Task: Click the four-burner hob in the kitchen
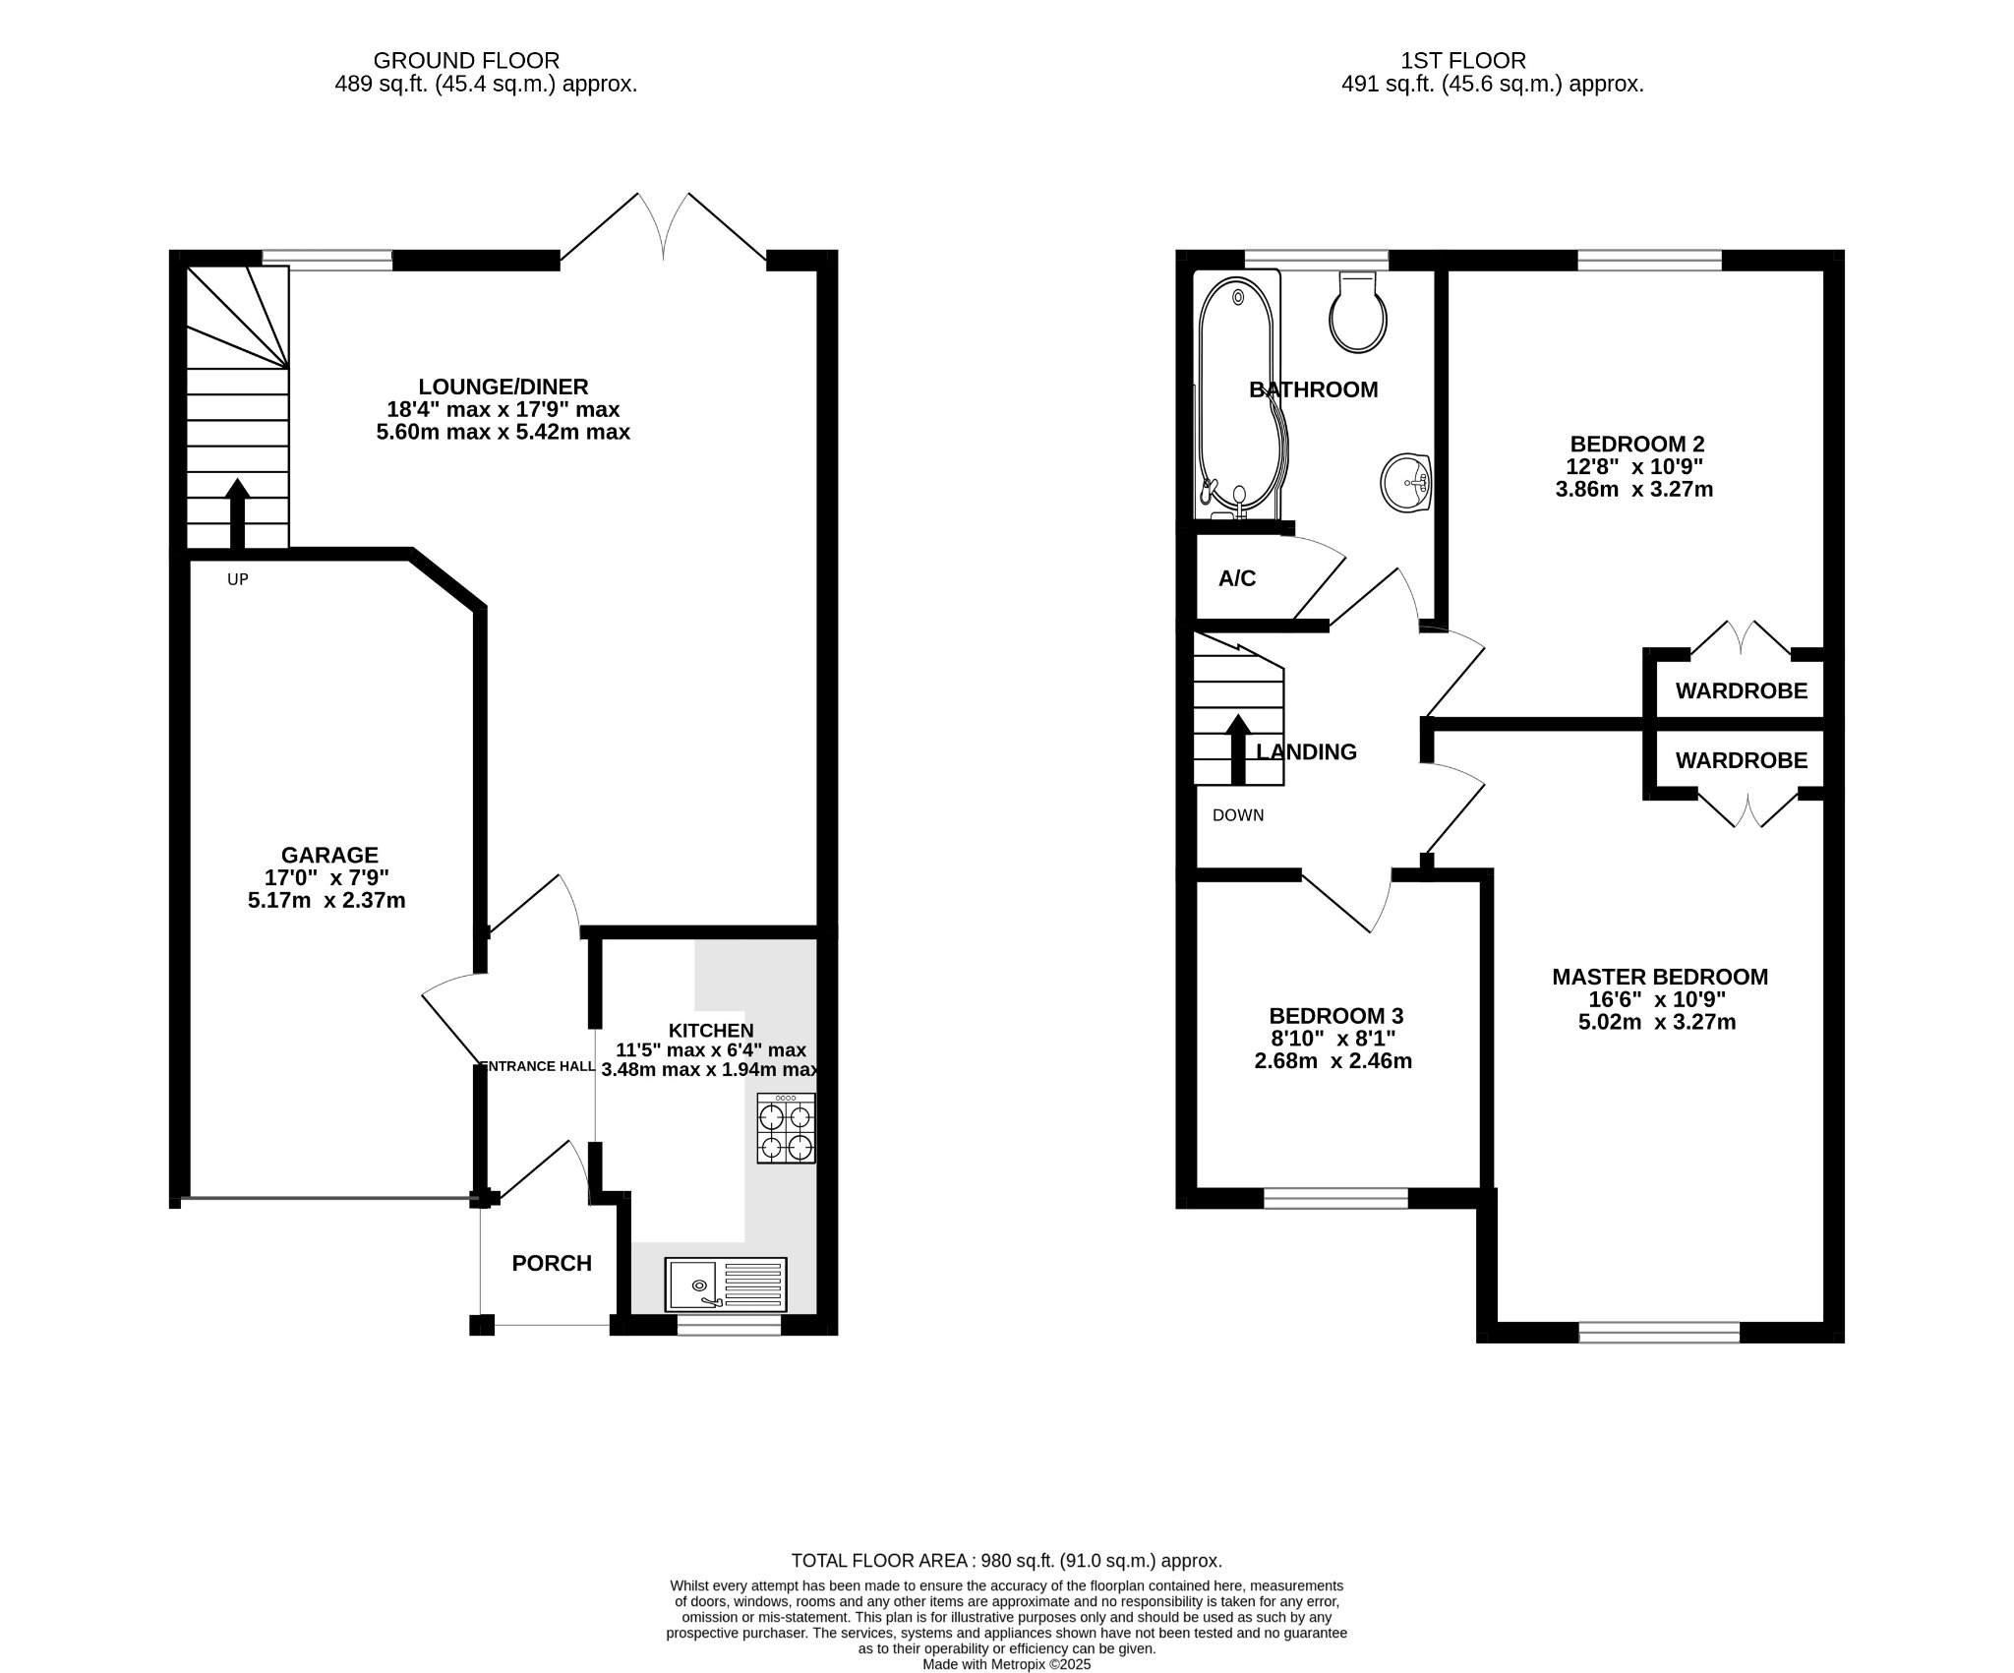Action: click(x=786, y=1129)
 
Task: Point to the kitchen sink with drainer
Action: click(x=726, y=1285)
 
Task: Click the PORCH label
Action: click(x=552, y=1263)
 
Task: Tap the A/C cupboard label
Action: click(x=1237, y=578)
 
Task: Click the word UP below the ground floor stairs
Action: click(x=238, y=580)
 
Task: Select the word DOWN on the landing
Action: click(x=1238, y=815)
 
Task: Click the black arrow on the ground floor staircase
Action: click(x=237, y=511)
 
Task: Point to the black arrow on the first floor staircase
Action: click(x=1238, y=748)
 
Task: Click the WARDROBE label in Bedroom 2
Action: click(x=1741, y=691)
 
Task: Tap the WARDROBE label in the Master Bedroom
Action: click(x=1741, y=760)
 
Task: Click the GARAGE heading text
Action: click(x=329, y=856)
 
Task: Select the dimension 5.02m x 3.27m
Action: click(x=1657, y=1022)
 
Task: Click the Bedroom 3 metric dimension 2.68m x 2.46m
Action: click(x=1333, y=1061)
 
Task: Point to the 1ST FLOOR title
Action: click(x=1492, y=61)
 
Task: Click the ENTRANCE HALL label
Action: click(x=537, y=1066)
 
